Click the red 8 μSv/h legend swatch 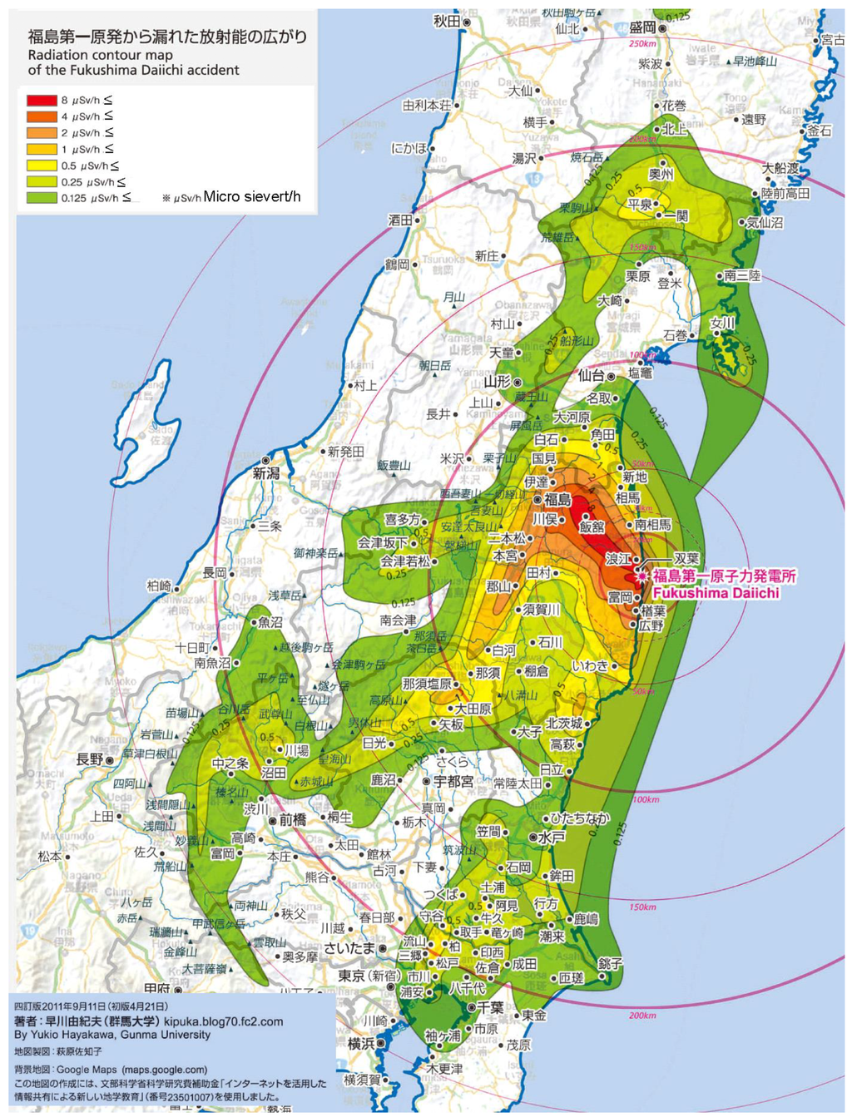point(42,100)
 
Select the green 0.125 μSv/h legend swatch point(42,198)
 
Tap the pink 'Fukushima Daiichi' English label point(716,593)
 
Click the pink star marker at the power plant point(641,576)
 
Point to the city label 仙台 point(592,376)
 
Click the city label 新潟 point(266,472)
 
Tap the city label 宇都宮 point(453,782)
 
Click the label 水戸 point(552,838)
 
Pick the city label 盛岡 point(642,27)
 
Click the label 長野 point(89,759)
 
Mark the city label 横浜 point(361,1043)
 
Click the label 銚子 point(610,963)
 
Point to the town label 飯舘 point(592,526)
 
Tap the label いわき point(590,666)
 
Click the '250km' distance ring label point(642,43)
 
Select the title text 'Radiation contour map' point(100,55)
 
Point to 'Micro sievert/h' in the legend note point(252,197)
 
